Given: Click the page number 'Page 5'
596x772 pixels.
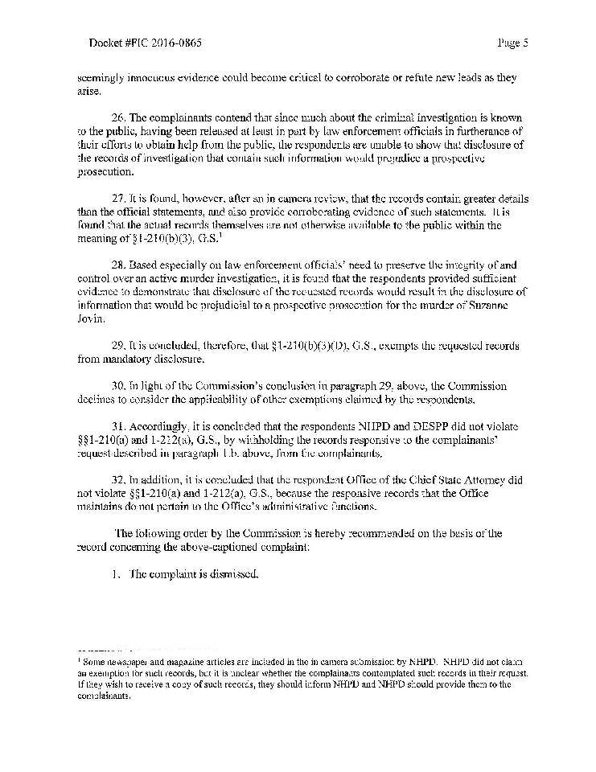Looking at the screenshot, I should tap(512, 43).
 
